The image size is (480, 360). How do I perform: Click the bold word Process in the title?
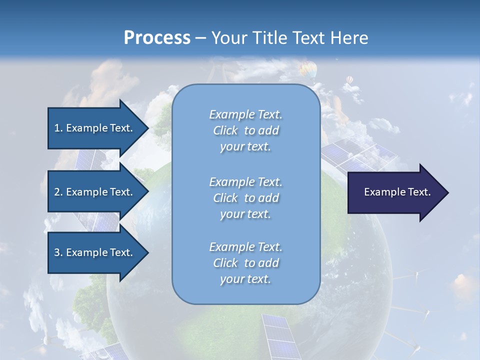point(157,37)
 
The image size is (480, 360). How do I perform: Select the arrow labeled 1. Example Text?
point(95,128)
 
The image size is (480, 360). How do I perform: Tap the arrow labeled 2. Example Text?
point(95,192)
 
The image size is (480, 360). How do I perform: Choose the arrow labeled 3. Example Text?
point(95,252)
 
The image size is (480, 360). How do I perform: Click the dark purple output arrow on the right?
point(395,192)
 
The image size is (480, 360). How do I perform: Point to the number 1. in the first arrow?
point(58,128)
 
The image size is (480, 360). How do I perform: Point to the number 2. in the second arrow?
point(58,192)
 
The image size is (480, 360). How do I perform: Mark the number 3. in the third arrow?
point(58,252)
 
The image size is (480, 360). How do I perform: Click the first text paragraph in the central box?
point(245,130)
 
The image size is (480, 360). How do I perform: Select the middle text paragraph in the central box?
point(245,198)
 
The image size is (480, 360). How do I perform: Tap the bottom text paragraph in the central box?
point(245,263)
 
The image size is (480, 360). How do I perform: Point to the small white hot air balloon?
point(349,80)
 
